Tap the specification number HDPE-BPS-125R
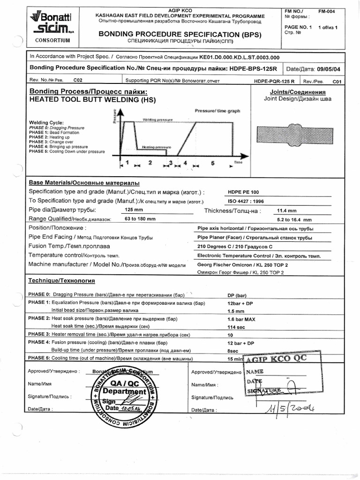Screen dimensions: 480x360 [253, 68]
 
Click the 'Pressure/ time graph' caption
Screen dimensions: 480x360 [217, 111]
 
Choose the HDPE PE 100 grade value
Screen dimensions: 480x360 [243, 192]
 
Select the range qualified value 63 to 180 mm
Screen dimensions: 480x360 [140, 219]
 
